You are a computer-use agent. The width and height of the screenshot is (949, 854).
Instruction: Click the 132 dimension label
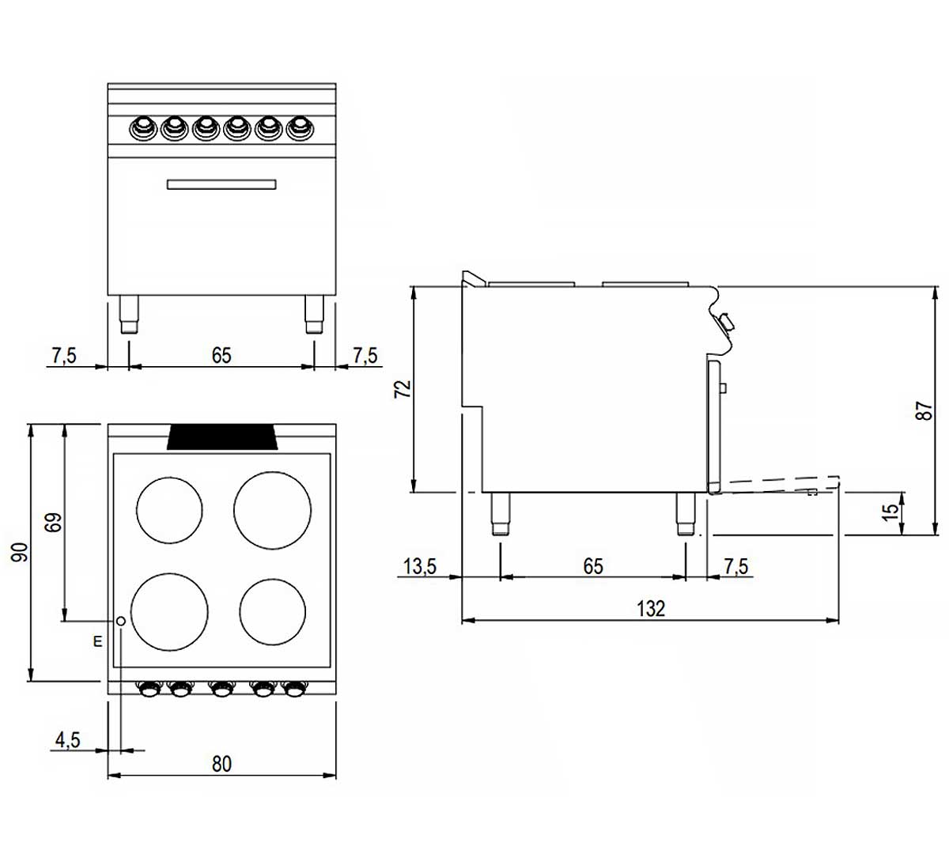coord(650,608)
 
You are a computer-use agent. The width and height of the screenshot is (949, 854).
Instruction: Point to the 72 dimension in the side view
coord(403,389)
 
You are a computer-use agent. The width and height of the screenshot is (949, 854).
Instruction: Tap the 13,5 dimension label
coord(421,566)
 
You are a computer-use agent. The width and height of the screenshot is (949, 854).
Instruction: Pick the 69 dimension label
coord(53,523)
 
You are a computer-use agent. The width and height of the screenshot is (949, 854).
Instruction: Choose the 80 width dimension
coord(221,763)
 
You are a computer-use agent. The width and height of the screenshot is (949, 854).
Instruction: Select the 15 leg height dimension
coord(890,512)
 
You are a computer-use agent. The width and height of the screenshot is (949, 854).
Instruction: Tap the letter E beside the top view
coord(97,641)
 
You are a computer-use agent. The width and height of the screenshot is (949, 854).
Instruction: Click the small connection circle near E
coord(121,622)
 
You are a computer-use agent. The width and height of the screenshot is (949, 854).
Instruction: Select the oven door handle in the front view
coord(221,184)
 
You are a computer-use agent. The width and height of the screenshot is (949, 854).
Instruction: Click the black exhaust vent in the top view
coord(221,436)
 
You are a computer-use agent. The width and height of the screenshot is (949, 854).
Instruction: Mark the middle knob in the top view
coord(220,690)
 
